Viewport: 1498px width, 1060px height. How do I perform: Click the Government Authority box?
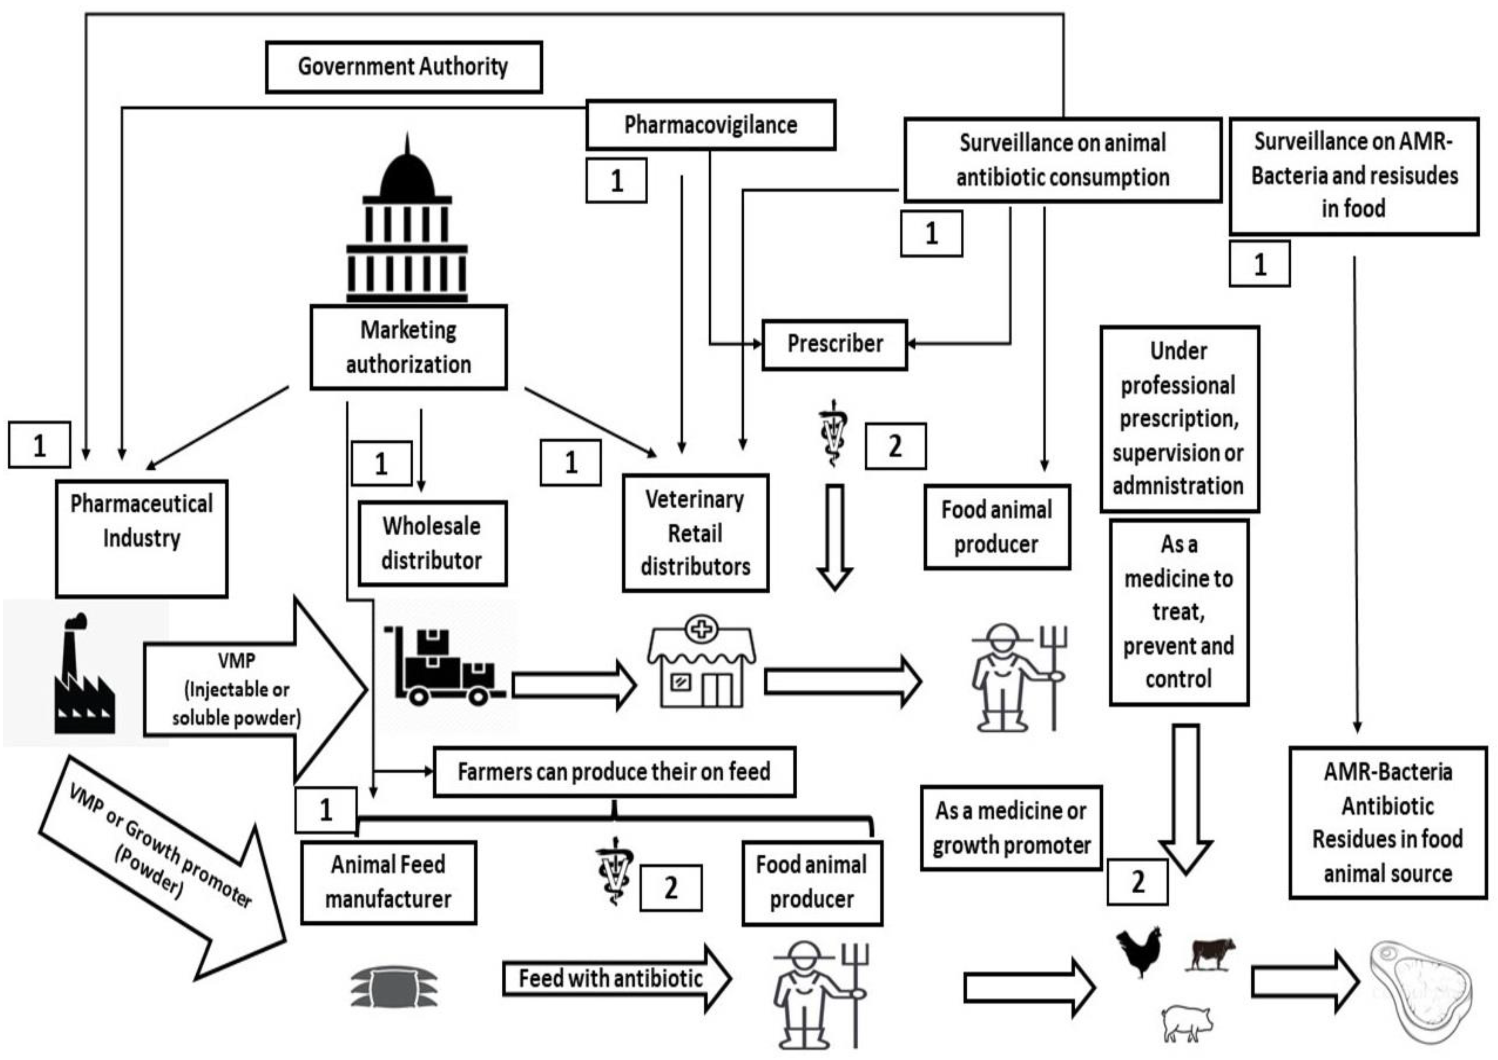[x=403, y=67]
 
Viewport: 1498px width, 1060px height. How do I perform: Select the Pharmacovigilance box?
[x=711, y=124]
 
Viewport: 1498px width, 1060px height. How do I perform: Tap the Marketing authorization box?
[x=409, y=347]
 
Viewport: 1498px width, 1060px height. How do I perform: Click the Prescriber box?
[x=835, y=344]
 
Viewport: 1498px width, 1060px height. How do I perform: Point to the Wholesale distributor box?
[x=432, y=543]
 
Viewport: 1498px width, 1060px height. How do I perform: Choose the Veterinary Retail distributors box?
[x=696, y=533]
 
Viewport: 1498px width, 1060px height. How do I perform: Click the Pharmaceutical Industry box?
[x=142, y=538]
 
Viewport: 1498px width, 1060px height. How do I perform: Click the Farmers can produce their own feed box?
[x=614, y=771]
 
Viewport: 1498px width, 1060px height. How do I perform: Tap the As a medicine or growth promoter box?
[x=1011, y=828]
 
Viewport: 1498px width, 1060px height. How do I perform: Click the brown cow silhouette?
[x=1213, y=953]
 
